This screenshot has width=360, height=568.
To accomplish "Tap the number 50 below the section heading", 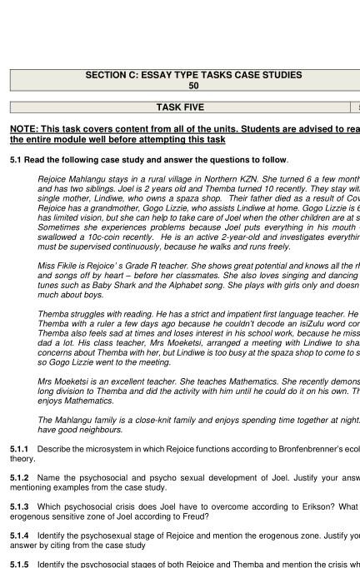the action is tap(193, 85).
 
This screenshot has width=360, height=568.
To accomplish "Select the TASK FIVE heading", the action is tap(179, 107).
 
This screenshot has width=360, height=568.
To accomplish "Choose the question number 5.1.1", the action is tap(19, 449).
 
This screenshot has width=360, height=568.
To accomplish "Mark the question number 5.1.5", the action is tap(19, 564).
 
